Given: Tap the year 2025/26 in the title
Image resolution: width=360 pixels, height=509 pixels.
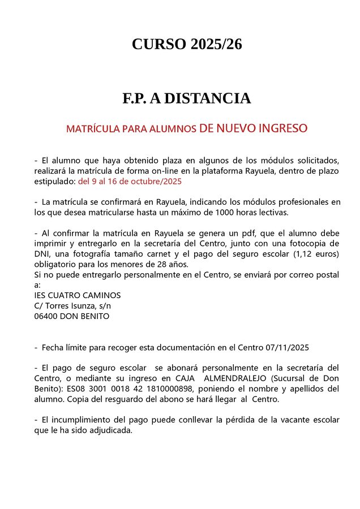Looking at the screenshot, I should [216, 44].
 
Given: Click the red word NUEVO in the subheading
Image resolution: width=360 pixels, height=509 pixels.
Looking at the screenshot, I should [235, 128].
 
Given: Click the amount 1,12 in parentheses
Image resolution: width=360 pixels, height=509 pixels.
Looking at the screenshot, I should [305, 254].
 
